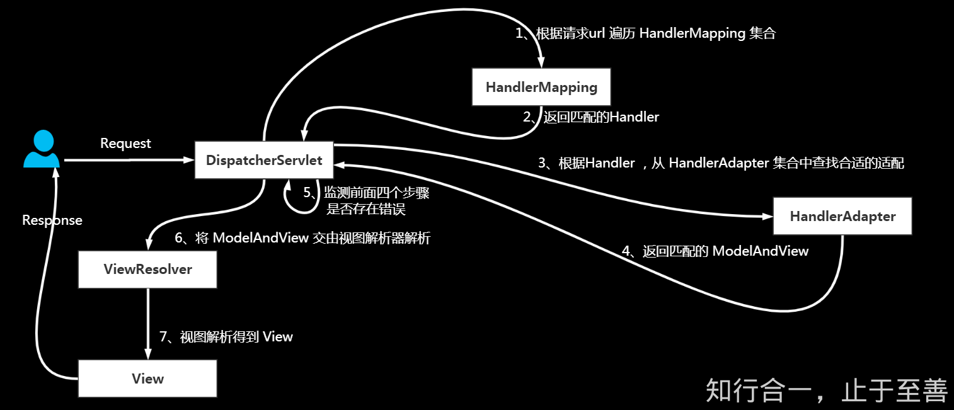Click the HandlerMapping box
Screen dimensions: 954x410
click(x=541, y=87)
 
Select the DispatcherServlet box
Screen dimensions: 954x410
click(x=264, y=160)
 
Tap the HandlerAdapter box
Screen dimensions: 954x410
click(x=842, y=217)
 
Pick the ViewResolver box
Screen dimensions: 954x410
click(x=147, y=270)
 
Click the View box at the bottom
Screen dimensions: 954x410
click(x=147, y=379)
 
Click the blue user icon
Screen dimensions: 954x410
click(x=41, y=149)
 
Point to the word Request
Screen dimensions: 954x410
click(x=125, y=144)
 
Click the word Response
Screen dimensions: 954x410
click(x=52, y=220)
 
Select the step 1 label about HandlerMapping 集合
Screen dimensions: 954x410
click(x=645, y=33)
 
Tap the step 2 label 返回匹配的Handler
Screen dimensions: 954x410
click(x=591, y=117)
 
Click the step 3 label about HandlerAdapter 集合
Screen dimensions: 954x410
click(x=721, y=163)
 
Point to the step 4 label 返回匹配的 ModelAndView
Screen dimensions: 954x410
click(x=715, y=251)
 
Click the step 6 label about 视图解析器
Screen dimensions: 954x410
click(x=302, y=238)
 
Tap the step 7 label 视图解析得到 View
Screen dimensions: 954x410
click(x=226, y=337)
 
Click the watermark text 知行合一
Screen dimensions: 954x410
click(x=826, y=390)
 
